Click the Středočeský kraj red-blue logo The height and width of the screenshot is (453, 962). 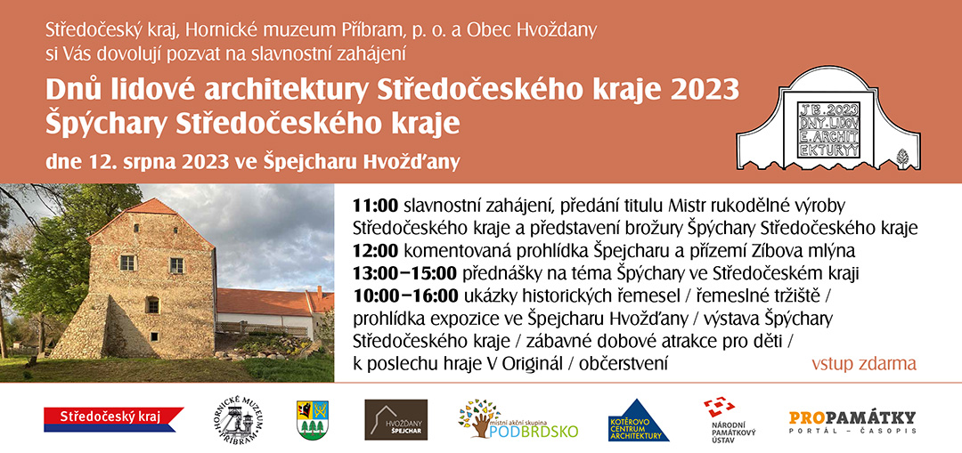113,419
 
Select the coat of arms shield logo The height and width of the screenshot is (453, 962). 313,420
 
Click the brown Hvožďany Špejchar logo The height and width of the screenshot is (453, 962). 395,420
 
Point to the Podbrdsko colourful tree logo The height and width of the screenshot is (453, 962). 518,420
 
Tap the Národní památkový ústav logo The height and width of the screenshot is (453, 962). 730,420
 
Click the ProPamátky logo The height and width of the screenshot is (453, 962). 852,422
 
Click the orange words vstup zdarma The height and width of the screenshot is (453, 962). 864,363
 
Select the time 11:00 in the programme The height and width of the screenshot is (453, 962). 376,204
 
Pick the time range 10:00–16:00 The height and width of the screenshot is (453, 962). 405,295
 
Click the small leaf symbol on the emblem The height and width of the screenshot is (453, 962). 902,157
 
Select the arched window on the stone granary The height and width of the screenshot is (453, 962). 152,304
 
